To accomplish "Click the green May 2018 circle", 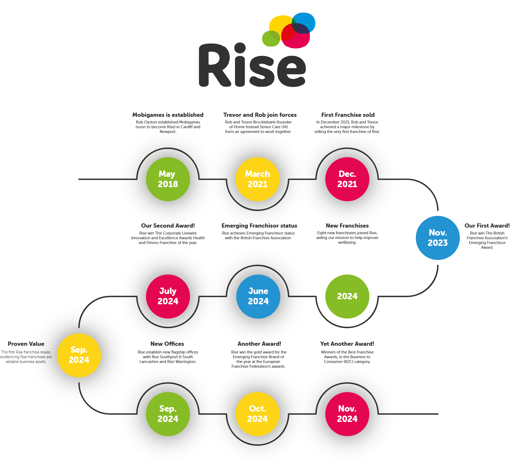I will pos(168,179).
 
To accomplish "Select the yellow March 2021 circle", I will pos(257,179).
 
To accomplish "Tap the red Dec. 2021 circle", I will pos(347,179).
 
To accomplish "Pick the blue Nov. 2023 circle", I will pos(438,238).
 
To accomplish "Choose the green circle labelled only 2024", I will pos(347,296).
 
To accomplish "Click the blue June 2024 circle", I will pos(258,296).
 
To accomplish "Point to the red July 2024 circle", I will pos(168,296).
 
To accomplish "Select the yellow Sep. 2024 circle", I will pos(79,355).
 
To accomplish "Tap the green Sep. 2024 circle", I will pos(168,414).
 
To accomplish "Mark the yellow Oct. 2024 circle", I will pos(257,414).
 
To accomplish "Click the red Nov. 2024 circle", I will pos(347,414).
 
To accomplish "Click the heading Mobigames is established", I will pos(168,115).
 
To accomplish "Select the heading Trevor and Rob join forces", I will pos(260,115).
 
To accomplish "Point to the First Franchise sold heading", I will pos(348,115).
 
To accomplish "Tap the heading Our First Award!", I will pos(487,226).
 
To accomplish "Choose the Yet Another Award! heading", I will pos(347,344).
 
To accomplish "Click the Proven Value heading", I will pos(26,344).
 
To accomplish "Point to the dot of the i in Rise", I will pos(240,48).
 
